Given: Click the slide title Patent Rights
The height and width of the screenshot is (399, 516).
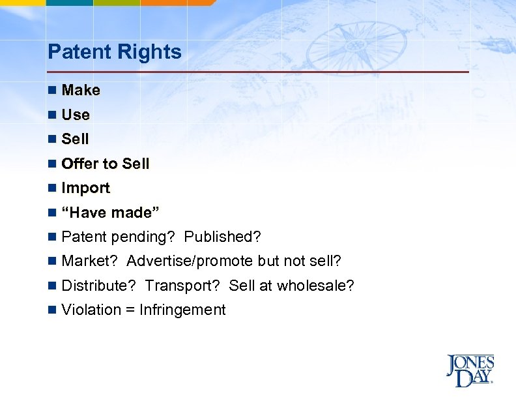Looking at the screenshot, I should [x=115, y=52].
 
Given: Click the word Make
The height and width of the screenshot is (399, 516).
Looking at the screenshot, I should [x=81, y=91].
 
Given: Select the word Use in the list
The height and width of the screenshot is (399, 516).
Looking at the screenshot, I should [x=76, y=115].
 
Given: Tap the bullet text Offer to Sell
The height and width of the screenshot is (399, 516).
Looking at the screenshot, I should [x=105, y=164].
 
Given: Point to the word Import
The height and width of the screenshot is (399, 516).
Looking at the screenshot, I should [x=85, y=188].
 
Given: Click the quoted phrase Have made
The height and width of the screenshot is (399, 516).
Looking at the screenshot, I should [x=110, y=213].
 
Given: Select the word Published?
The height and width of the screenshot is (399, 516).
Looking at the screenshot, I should [x=222, y=237].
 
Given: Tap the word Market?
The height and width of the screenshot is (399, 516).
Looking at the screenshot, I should [x=89, y=261].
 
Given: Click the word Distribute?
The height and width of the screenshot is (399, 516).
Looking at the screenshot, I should [x=98, y=286].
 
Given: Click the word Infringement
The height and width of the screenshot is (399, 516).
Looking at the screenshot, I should [x=182, y=310].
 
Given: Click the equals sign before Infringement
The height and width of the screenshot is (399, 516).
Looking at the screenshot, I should [x=130, y=310].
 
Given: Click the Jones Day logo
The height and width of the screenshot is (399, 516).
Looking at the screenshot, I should [x=470, y=370].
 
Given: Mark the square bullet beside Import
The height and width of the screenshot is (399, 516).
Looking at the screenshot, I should [x=52, y=188].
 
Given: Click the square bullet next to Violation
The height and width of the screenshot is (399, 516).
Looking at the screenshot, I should [x=52, y=310].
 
